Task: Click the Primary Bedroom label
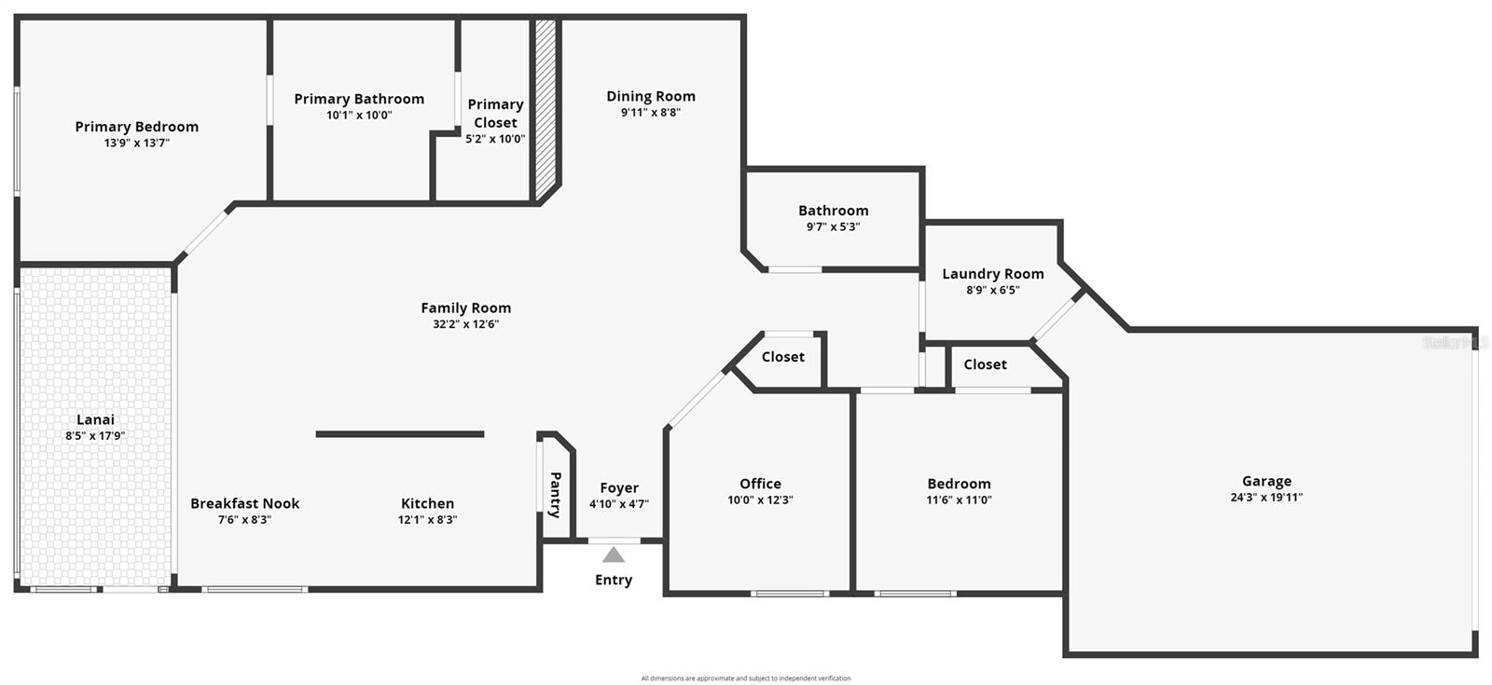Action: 137,127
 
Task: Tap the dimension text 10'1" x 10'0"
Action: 359,116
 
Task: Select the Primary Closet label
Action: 495,114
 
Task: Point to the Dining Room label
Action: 651,96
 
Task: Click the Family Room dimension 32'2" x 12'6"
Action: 465,324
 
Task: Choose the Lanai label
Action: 95,419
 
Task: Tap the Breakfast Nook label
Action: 245,503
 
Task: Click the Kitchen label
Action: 428,503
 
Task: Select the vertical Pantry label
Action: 555,494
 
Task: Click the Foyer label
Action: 619,487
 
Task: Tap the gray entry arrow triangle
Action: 613,555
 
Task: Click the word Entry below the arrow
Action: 614,580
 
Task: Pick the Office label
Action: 760,484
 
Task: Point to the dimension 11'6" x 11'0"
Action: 959,500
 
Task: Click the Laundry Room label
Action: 993,274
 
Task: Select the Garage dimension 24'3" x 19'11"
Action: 1266,498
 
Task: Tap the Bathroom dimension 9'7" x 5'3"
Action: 833,226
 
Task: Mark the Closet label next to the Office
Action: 783,357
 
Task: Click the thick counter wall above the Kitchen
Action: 400,434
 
